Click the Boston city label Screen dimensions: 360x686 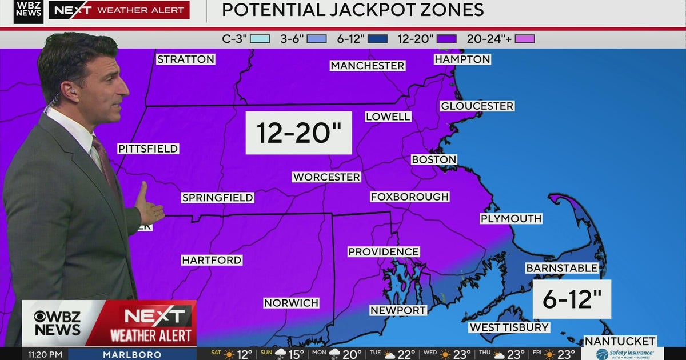434,160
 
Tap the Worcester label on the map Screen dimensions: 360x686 326,177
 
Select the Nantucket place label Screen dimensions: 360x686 620,341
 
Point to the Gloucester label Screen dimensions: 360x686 477,106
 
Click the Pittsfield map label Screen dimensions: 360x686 148,149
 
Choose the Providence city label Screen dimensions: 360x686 384,252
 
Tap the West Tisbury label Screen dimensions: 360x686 509,327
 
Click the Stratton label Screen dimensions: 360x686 186,59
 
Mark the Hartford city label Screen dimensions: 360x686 212,260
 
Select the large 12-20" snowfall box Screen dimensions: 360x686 298,133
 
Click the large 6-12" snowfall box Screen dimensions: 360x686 572,299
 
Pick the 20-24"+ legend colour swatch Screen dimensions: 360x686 524,39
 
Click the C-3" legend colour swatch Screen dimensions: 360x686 260,39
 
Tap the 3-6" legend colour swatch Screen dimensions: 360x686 316,39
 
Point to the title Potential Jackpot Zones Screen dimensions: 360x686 353,10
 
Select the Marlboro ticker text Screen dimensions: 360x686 132,355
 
